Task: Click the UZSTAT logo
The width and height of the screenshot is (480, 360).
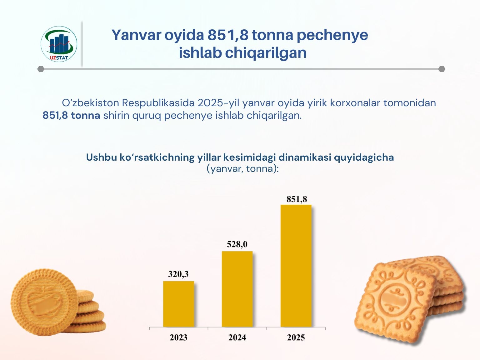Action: point(59,44)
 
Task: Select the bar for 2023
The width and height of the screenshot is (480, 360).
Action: point(178,304)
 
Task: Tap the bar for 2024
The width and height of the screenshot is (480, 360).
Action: point(237,289)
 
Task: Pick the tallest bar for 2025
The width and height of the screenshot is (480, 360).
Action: point(296,266)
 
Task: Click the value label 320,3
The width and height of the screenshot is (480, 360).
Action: point(178,274)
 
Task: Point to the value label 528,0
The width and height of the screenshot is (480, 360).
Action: point(237,244)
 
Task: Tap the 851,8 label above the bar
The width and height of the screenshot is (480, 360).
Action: point(297,199)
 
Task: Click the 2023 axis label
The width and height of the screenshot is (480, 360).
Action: point(178,337)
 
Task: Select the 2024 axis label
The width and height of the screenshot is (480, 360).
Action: point(237,337)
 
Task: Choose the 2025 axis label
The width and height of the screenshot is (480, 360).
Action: point(296,337)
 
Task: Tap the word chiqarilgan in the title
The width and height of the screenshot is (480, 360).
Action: point(266,53)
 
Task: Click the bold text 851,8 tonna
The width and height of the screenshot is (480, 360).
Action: point(71,115)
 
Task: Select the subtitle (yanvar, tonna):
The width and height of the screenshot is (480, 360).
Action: point(242,169)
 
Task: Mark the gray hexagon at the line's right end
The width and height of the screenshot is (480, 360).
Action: point(442,69)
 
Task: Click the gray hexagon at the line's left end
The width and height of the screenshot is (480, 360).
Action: point(41,69)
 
